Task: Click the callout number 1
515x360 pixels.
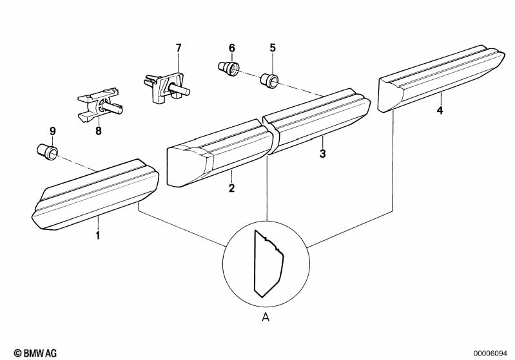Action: (98, 236)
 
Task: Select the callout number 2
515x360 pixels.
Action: (231, 189)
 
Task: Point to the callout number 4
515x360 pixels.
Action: (440, 111)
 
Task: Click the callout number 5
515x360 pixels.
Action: (272, 48)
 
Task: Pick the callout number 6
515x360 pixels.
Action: (232, 48)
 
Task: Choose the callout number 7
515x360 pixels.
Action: (179, 48)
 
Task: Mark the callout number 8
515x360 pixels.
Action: (99, 131)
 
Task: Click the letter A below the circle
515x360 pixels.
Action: (266, 316)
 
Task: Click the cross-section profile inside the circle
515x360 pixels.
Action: (269, 263)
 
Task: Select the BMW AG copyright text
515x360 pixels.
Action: (32, 353)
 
